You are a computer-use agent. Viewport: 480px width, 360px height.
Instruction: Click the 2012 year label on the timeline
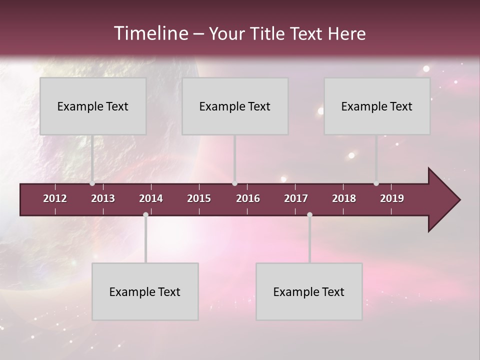pos(55,198)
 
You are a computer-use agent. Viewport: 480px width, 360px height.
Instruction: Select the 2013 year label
pos(103,198)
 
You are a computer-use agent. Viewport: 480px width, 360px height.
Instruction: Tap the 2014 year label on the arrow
pos(151,198)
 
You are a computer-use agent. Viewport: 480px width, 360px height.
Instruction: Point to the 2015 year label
pos(199,198)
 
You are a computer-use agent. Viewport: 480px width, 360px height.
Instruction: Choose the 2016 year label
pos(248,198)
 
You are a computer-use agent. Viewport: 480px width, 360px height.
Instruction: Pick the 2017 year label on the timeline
pos(296,198)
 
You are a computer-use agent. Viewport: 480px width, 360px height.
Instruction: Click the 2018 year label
pos(344,198)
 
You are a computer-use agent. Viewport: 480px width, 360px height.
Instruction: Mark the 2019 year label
pos(392,198)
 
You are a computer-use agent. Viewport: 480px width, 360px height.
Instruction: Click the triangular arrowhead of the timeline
pos(442,200)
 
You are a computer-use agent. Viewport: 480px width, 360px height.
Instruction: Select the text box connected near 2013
pos(93,106)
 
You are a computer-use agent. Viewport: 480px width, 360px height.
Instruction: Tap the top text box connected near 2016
pos(235,106)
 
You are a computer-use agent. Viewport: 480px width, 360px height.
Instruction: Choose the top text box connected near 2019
pos(377,106)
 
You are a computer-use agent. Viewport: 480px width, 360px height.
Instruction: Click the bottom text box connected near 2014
pos(145,291)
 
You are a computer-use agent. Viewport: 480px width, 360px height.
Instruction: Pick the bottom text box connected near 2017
pos(309,291)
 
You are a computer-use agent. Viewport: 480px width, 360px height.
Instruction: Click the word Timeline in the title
pos(150,33)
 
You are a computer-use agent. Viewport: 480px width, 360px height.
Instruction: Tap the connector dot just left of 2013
pos(92,183)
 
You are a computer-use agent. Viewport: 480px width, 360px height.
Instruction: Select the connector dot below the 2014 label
pos(145,215)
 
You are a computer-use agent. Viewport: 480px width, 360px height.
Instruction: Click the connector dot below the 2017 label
pos(309,215)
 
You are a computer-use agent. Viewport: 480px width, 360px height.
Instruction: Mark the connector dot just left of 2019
pos(376,183)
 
